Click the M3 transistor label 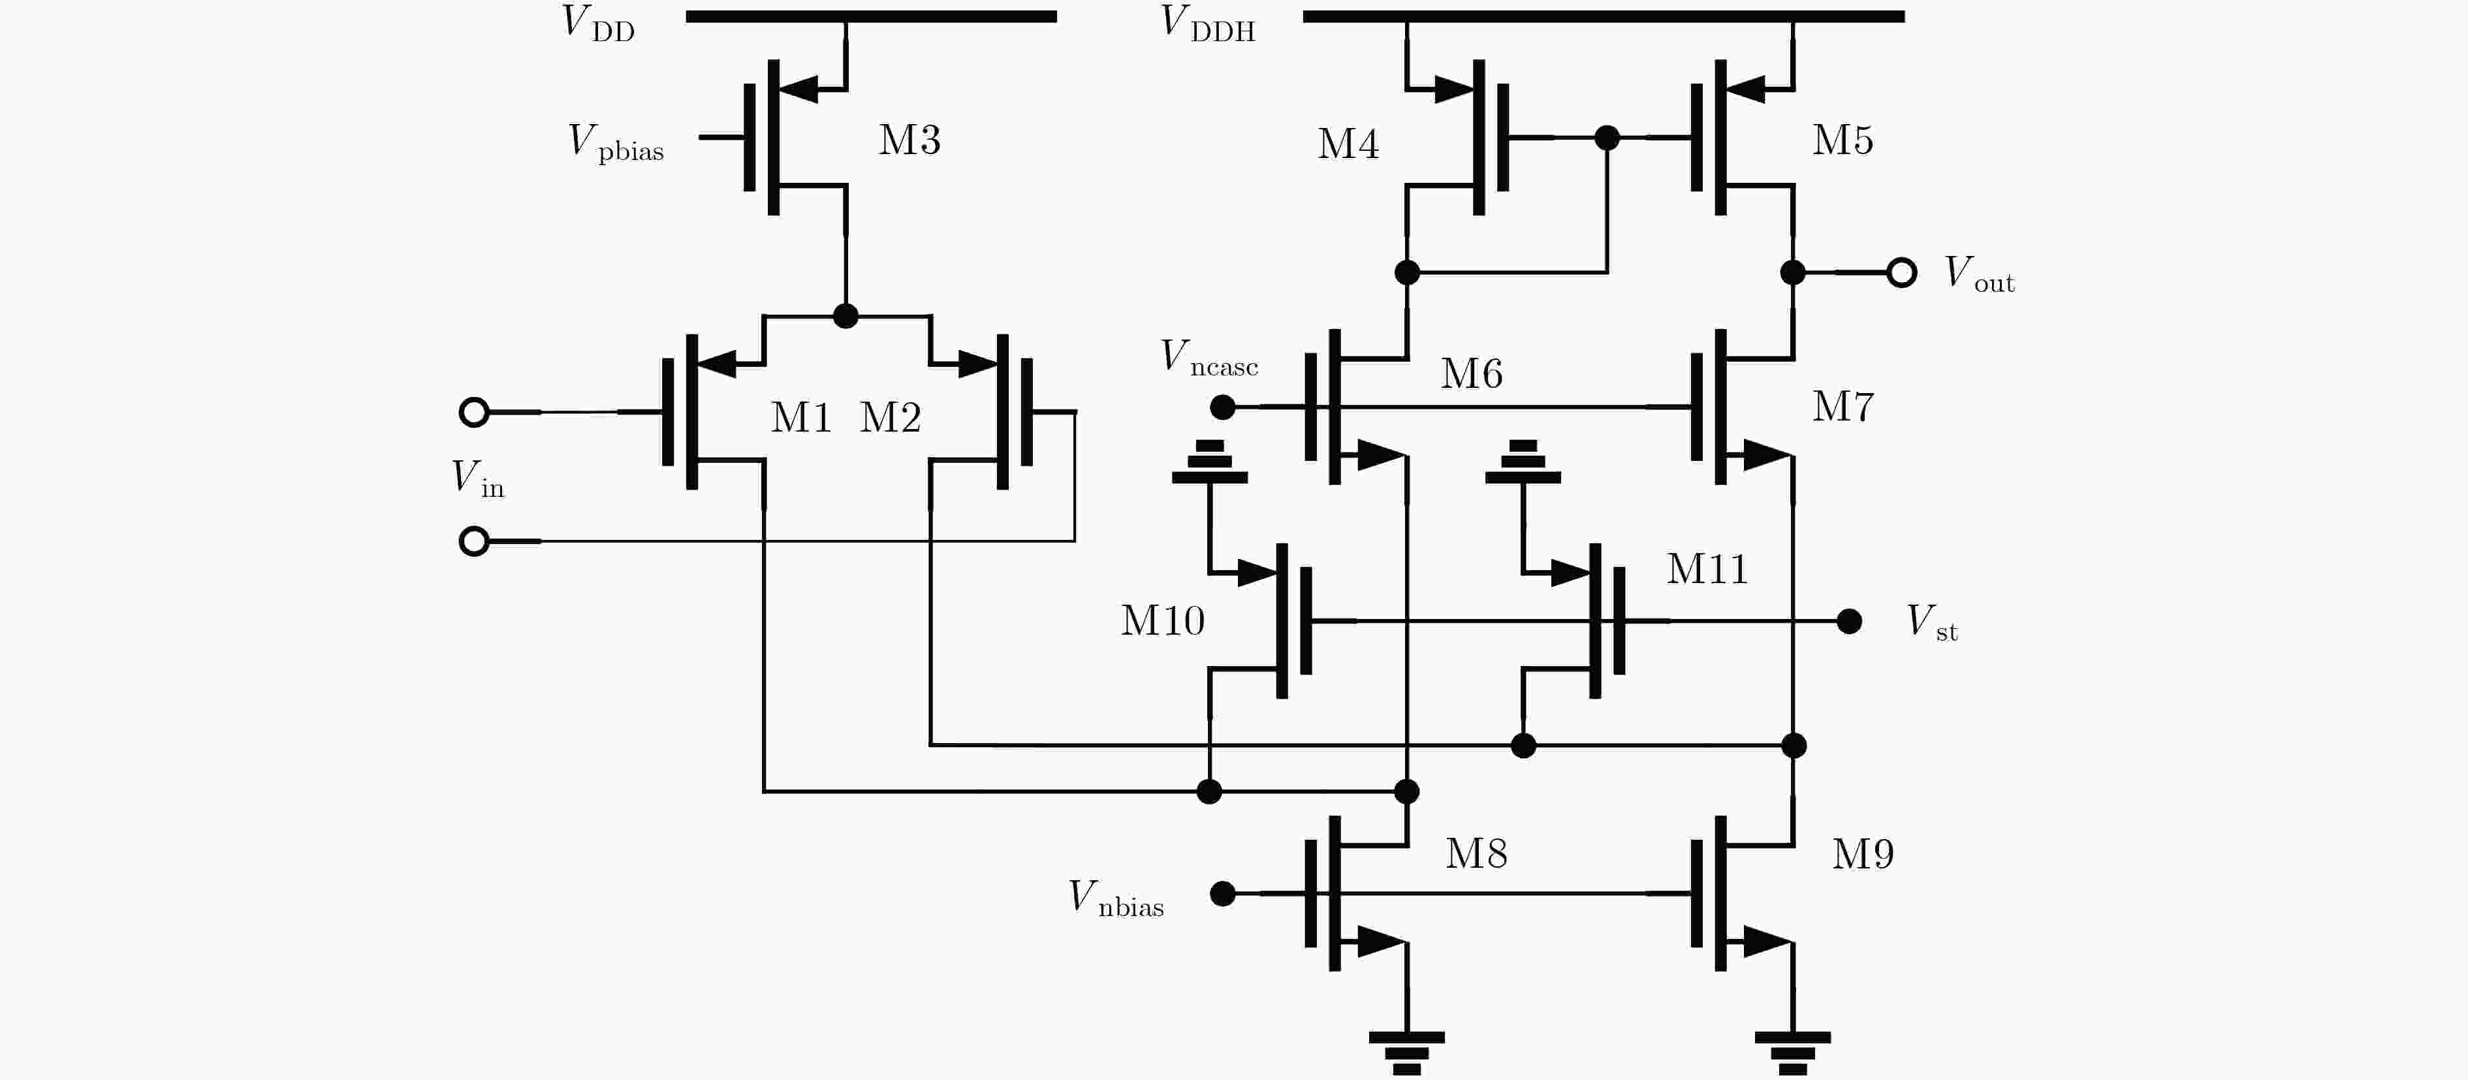pyautogui.click(x=910, y=140)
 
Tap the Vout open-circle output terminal pyautogui.click(x=1902, y=273)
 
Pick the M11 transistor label pyautogui.click(x=1707, y=569)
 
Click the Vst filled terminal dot pyautogui.click(x=1849, y=622)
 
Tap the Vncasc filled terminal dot pyautogui.click(x=1222, y=407)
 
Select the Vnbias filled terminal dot pyautogui.click(x=1222, y=894)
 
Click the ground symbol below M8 pyautogui.click(x=1406, y=1052)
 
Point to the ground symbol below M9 pyautogui.click(x=1792, y=1052)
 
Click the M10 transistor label pyautogui.click(x=1162, y=621)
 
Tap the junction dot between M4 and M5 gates pyautogui.click(x=1607, y=138)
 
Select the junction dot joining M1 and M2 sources pyautogui.click(x=845, y=316)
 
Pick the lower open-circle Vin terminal pyautogui.click(x=474, y=541)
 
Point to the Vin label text pyautogui.click(x=478, y=478)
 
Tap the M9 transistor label pyautogui.click(x=1863, y=854)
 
